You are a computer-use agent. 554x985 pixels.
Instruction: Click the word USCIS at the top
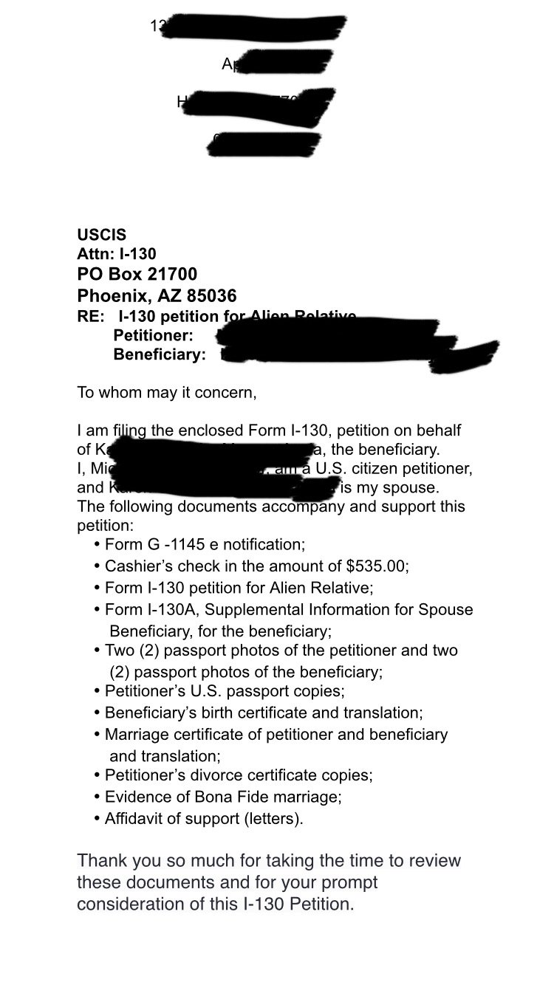pos(101,236)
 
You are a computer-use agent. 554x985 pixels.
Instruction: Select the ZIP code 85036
pos(211,296)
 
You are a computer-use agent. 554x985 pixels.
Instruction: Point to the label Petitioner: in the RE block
pos(153,336)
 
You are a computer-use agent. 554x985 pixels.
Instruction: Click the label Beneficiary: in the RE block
pos(160,355)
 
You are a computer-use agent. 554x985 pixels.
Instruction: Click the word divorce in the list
pos(222,775)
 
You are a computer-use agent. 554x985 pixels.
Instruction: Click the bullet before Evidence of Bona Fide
pos(98,797)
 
